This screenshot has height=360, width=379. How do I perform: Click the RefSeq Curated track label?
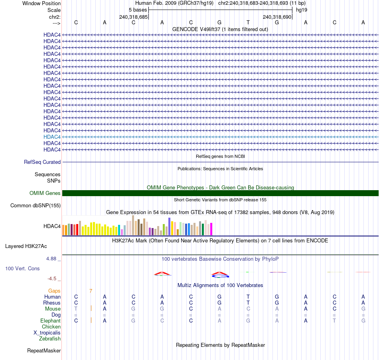click(42, 162)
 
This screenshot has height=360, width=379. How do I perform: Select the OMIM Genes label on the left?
click(45, 193)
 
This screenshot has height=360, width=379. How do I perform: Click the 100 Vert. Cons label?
click(22, 269)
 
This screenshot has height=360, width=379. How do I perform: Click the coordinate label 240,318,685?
click(133, 17)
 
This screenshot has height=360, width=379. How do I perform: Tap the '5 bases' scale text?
click(138, 10)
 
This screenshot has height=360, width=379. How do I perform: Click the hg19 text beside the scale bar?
click(301, 10)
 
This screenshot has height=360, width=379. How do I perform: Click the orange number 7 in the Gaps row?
click(91, 291)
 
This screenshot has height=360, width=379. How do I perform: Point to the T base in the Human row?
click(248, 297)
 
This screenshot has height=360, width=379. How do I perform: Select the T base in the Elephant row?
click(334, 321)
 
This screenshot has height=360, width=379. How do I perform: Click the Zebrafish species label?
click(50, 339)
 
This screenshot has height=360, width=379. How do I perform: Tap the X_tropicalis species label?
click(47, 333)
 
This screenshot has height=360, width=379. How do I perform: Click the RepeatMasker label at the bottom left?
click(44, 351)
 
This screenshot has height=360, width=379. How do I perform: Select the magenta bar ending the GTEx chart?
click(211, 229)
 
